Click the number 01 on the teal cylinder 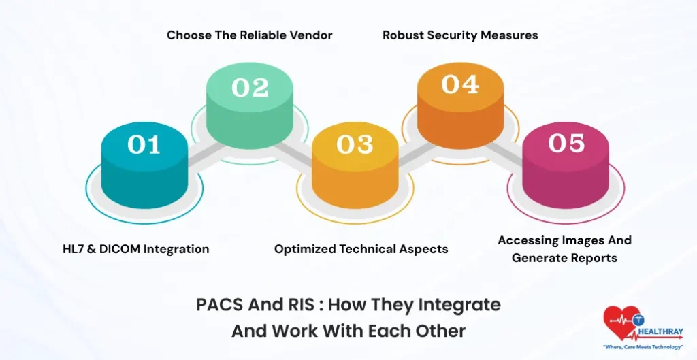144,144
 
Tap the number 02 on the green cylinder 250,88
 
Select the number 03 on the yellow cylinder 355,144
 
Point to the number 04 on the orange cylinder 459,84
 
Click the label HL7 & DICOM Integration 135,249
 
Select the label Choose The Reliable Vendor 250,35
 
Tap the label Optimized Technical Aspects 361,249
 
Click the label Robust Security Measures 460,35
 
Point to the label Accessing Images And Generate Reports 564,249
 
